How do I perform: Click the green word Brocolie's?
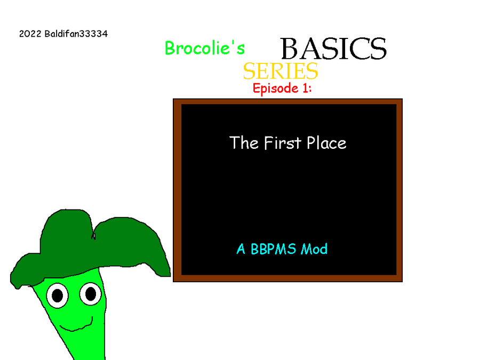(x=204, y=48)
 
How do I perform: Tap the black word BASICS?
(x=333, y=49)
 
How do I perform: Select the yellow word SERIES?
(x=281, y=71)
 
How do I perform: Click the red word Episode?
(x=276, y=89)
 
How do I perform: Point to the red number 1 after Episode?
(x=305, y=88)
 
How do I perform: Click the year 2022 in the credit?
(x=30, y=34)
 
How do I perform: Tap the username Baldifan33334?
(x=76, y=34)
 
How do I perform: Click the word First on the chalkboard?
(x=283, y=142)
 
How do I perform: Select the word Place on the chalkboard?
(x=326, y=142)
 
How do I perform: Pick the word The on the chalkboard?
(x=244, y=142)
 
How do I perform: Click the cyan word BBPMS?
(x=274, y=249)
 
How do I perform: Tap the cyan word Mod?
(x=314, y=249)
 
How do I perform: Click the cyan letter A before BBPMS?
(x=241, y=249)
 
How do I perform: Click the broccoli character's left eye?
(x=57, y=295)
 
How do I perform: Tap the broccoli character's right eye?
(x=91, y=294)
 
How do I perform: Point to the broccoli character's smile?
(x=76, y=325)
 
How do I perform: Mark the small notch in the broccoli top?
(x=93, y=236)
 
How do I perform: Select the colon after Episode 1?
(x=310, y=89)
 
